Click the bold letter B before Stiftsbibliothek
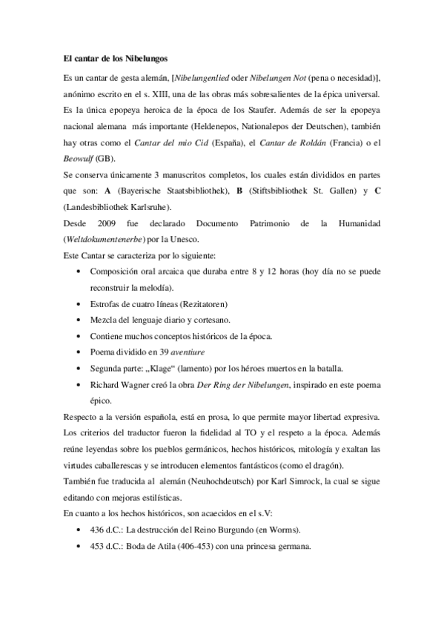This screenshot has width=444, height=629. click(239, 191)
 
